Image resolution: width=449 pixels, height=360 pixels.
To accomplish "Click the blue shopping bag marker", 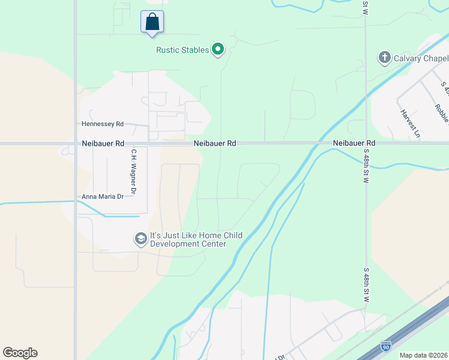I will (x=152, y=22).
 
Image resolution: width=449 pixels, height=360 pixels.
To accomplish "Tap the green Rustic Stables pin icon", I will (x=218, y=49).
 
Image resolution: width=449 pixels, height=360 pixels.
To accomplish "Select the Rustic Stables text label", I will (x=182, y=50).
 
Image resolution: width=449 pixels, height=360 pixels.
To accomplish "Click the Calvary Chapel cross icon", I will (x=384, y=58).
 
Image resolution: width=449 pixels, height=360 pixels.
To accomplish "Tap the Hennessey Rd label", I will (x=103, y=124).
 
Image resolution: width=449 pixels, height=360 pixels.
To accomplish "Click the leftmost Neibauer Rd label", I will (x=103, y=144).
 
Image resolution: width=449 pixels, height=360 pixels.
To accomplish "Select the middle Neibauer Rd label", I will (x=215, y=144).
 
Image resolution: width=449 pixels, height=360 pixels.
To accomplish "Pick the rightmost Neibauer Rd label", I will (x=354, y=143).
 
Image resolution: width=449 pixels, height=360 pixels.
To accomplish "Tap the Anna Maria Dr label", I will (x=103, y=196).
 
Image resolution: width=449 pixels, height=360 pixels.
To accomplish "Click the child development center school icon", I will (x=140, y=239).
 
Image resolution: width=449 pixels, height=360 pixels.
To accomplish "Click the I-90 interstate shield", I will (x=385, y=346).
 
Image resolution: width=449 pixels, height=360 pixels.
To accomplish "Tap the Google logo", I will (x=20, y=353).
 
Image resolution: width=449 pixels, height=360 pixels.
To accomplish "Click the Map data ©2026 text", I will (x=424, y=355).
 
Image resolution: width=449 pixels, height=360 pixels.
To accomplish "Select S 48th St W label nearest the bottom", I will (x=366, y=285).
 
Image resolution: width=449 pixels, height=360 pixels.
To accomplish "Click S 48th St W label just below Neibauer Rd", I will (x=366, y=171).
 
